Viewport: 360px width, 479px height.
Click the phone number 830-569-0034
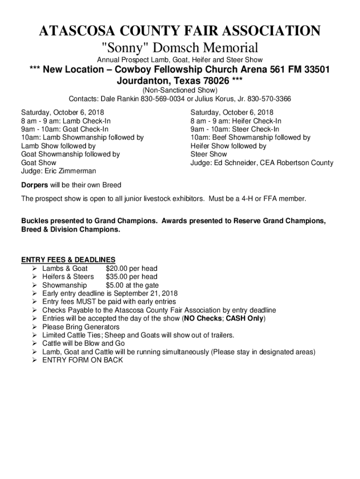[x=159, y=99]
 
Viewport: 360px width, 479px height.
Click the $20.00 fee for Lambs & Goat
[x=118, y=269]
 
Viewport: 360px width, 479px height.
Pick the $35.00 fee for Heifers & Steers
[x=118, y=277]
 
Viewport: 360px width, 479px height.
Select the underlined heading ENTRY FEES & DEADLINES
[x=68, y=260]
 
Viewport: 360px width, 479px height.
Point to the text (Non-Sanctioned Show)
[x=180, y=90]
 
